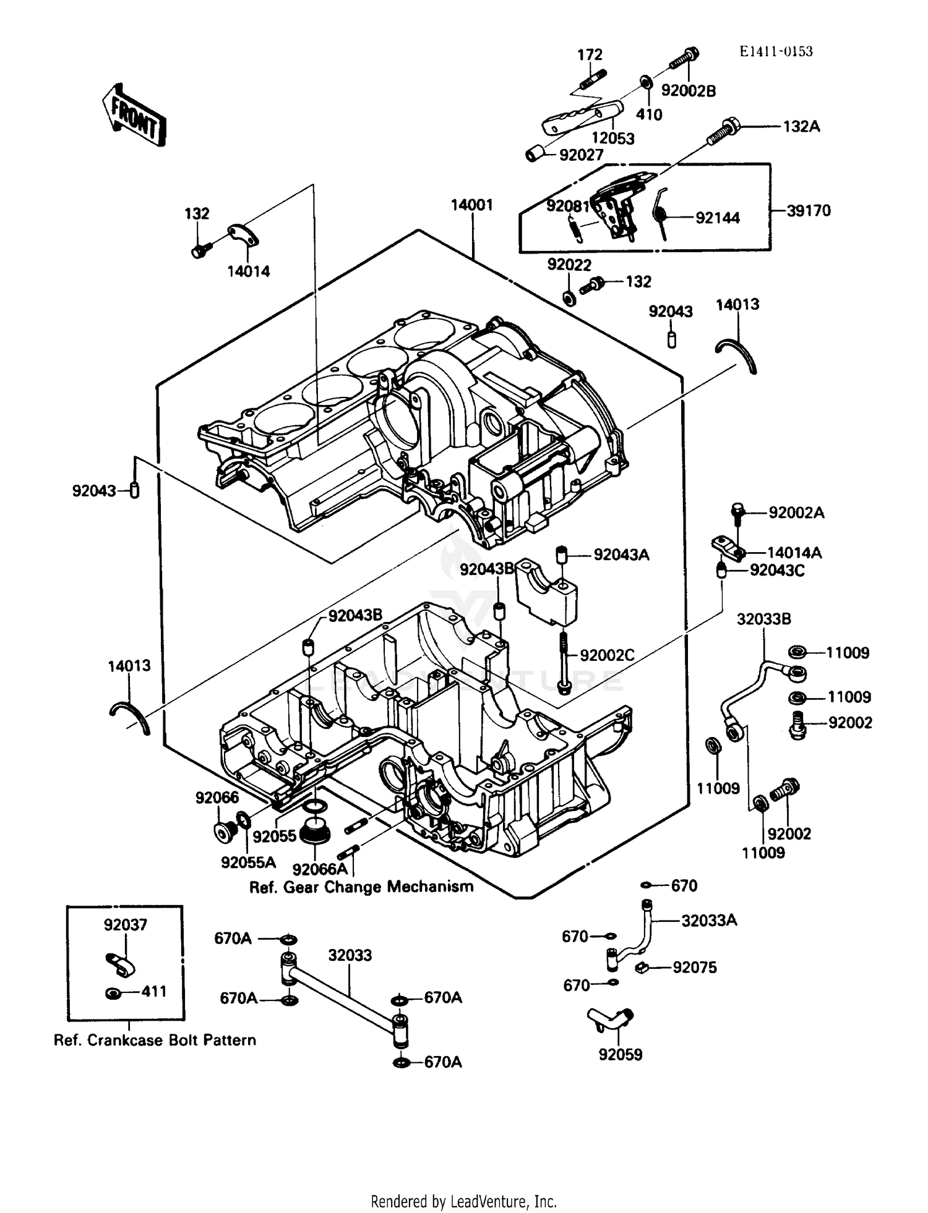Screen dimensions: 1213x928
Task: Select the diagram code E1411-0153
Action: point(776,52)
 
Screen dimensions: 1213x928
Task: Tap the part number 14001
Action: point(471,205)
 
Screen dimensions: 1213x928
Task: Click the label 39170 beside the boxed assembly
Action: point(809,211)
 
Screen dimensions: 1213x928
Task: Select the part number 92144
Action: point(717,218)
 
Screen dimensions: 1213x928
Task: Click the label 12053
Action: point(612,138)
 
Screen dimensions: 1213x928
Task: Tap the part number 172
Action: point(590,55)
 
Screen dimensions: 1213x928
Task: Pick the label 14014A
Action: point(794,553)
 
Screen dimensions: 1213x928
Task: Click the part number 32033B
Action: point(763,619)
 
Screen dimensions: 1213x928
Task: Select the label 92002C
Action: point(607,655)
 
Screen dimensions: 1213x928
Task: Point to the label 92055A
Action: point(248,862)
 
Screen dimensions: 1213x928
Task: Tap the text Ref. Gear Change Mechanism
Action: point(361,887)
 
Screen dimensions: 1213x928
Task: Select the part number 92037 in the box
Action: point(126,925)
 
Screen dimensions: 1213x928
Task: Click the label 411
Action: point(154,992)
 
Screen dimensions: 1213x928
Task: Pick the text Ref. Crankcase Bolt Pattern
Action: point(155,1040)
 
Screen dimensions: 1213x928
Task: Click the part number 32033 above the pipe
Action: point(350,955)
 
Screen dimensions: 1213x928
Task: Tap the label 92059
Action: point(620,1054)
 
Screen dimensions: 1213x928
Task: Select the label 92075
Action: point(695,968)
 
